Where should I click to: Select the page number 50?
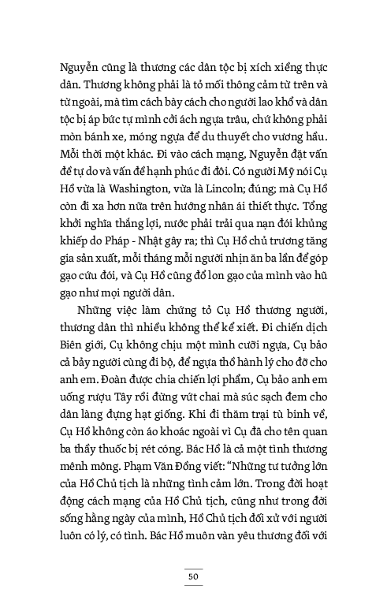(192, 576)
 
